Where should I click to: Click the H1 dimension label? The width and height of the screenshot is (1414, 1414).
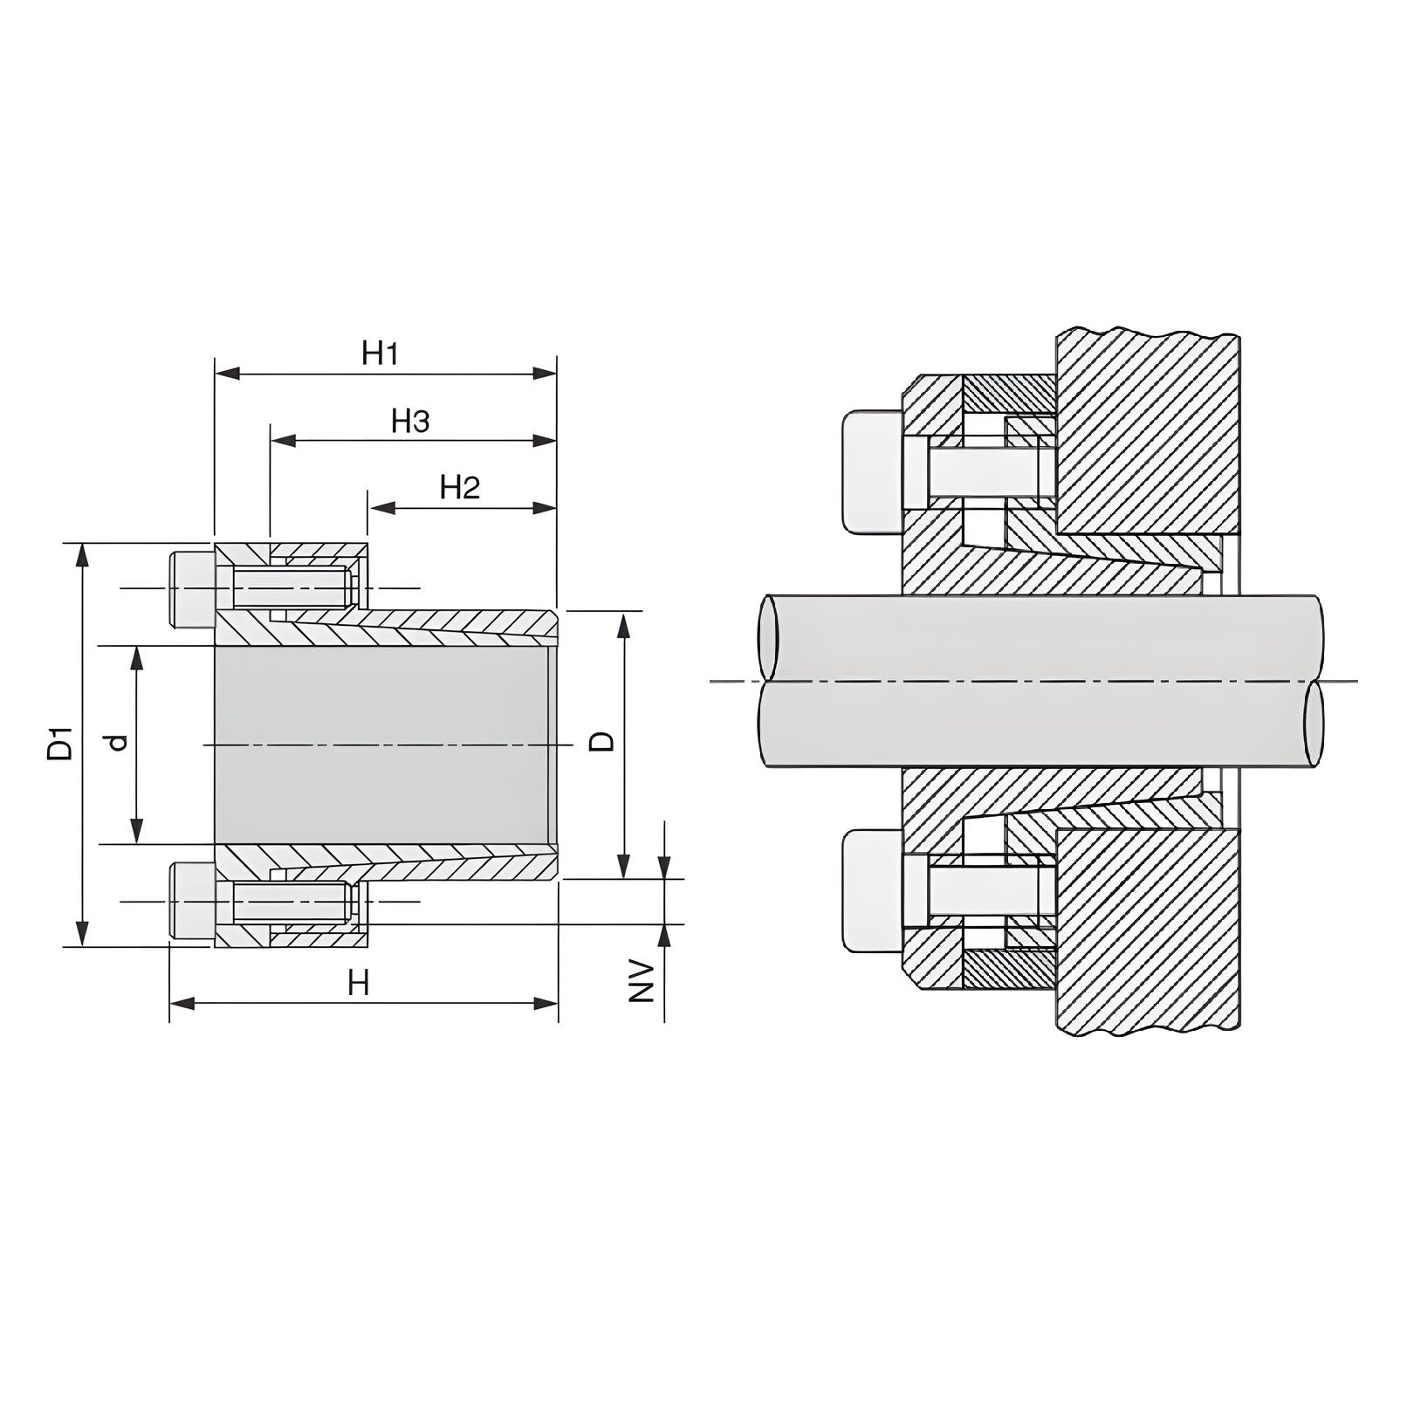pyautogui.click(x=381, y=353)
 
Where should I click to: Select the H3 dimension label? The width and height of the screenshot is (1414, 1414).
pyautogui.click(x=410, y=422)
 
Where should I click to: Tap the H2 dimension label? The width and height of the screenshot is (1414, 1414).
pyautogui.click(x=460, y=487)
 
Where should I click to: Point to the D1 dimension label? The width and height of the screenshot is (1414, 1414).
pyautogui.click(x=61, y=743)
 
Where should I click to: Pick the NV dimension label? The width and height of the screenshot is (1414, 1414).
pyautogui.click(x=643, y=981)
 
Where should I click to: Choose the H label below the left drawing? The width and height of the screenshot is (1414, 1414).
pyautogui.click(x=359, y=984)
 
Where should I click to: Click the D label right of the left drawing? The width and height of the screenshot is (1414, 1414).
pyautogui.click(x=602, y=742)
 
